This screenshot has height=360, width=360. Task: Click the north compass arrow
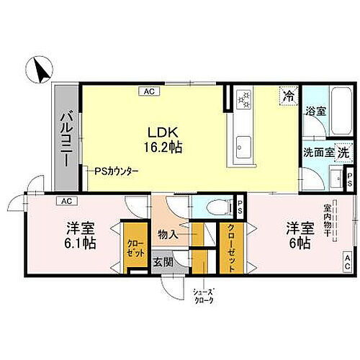[x=38, y=71]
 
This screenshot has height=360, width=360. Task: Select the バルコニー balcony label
[x=65, y=139]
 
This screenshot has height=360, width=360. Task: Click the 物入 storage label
[x=168, y=233]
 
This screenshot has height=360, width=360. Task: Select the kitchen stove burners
[x=244, y=99]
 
